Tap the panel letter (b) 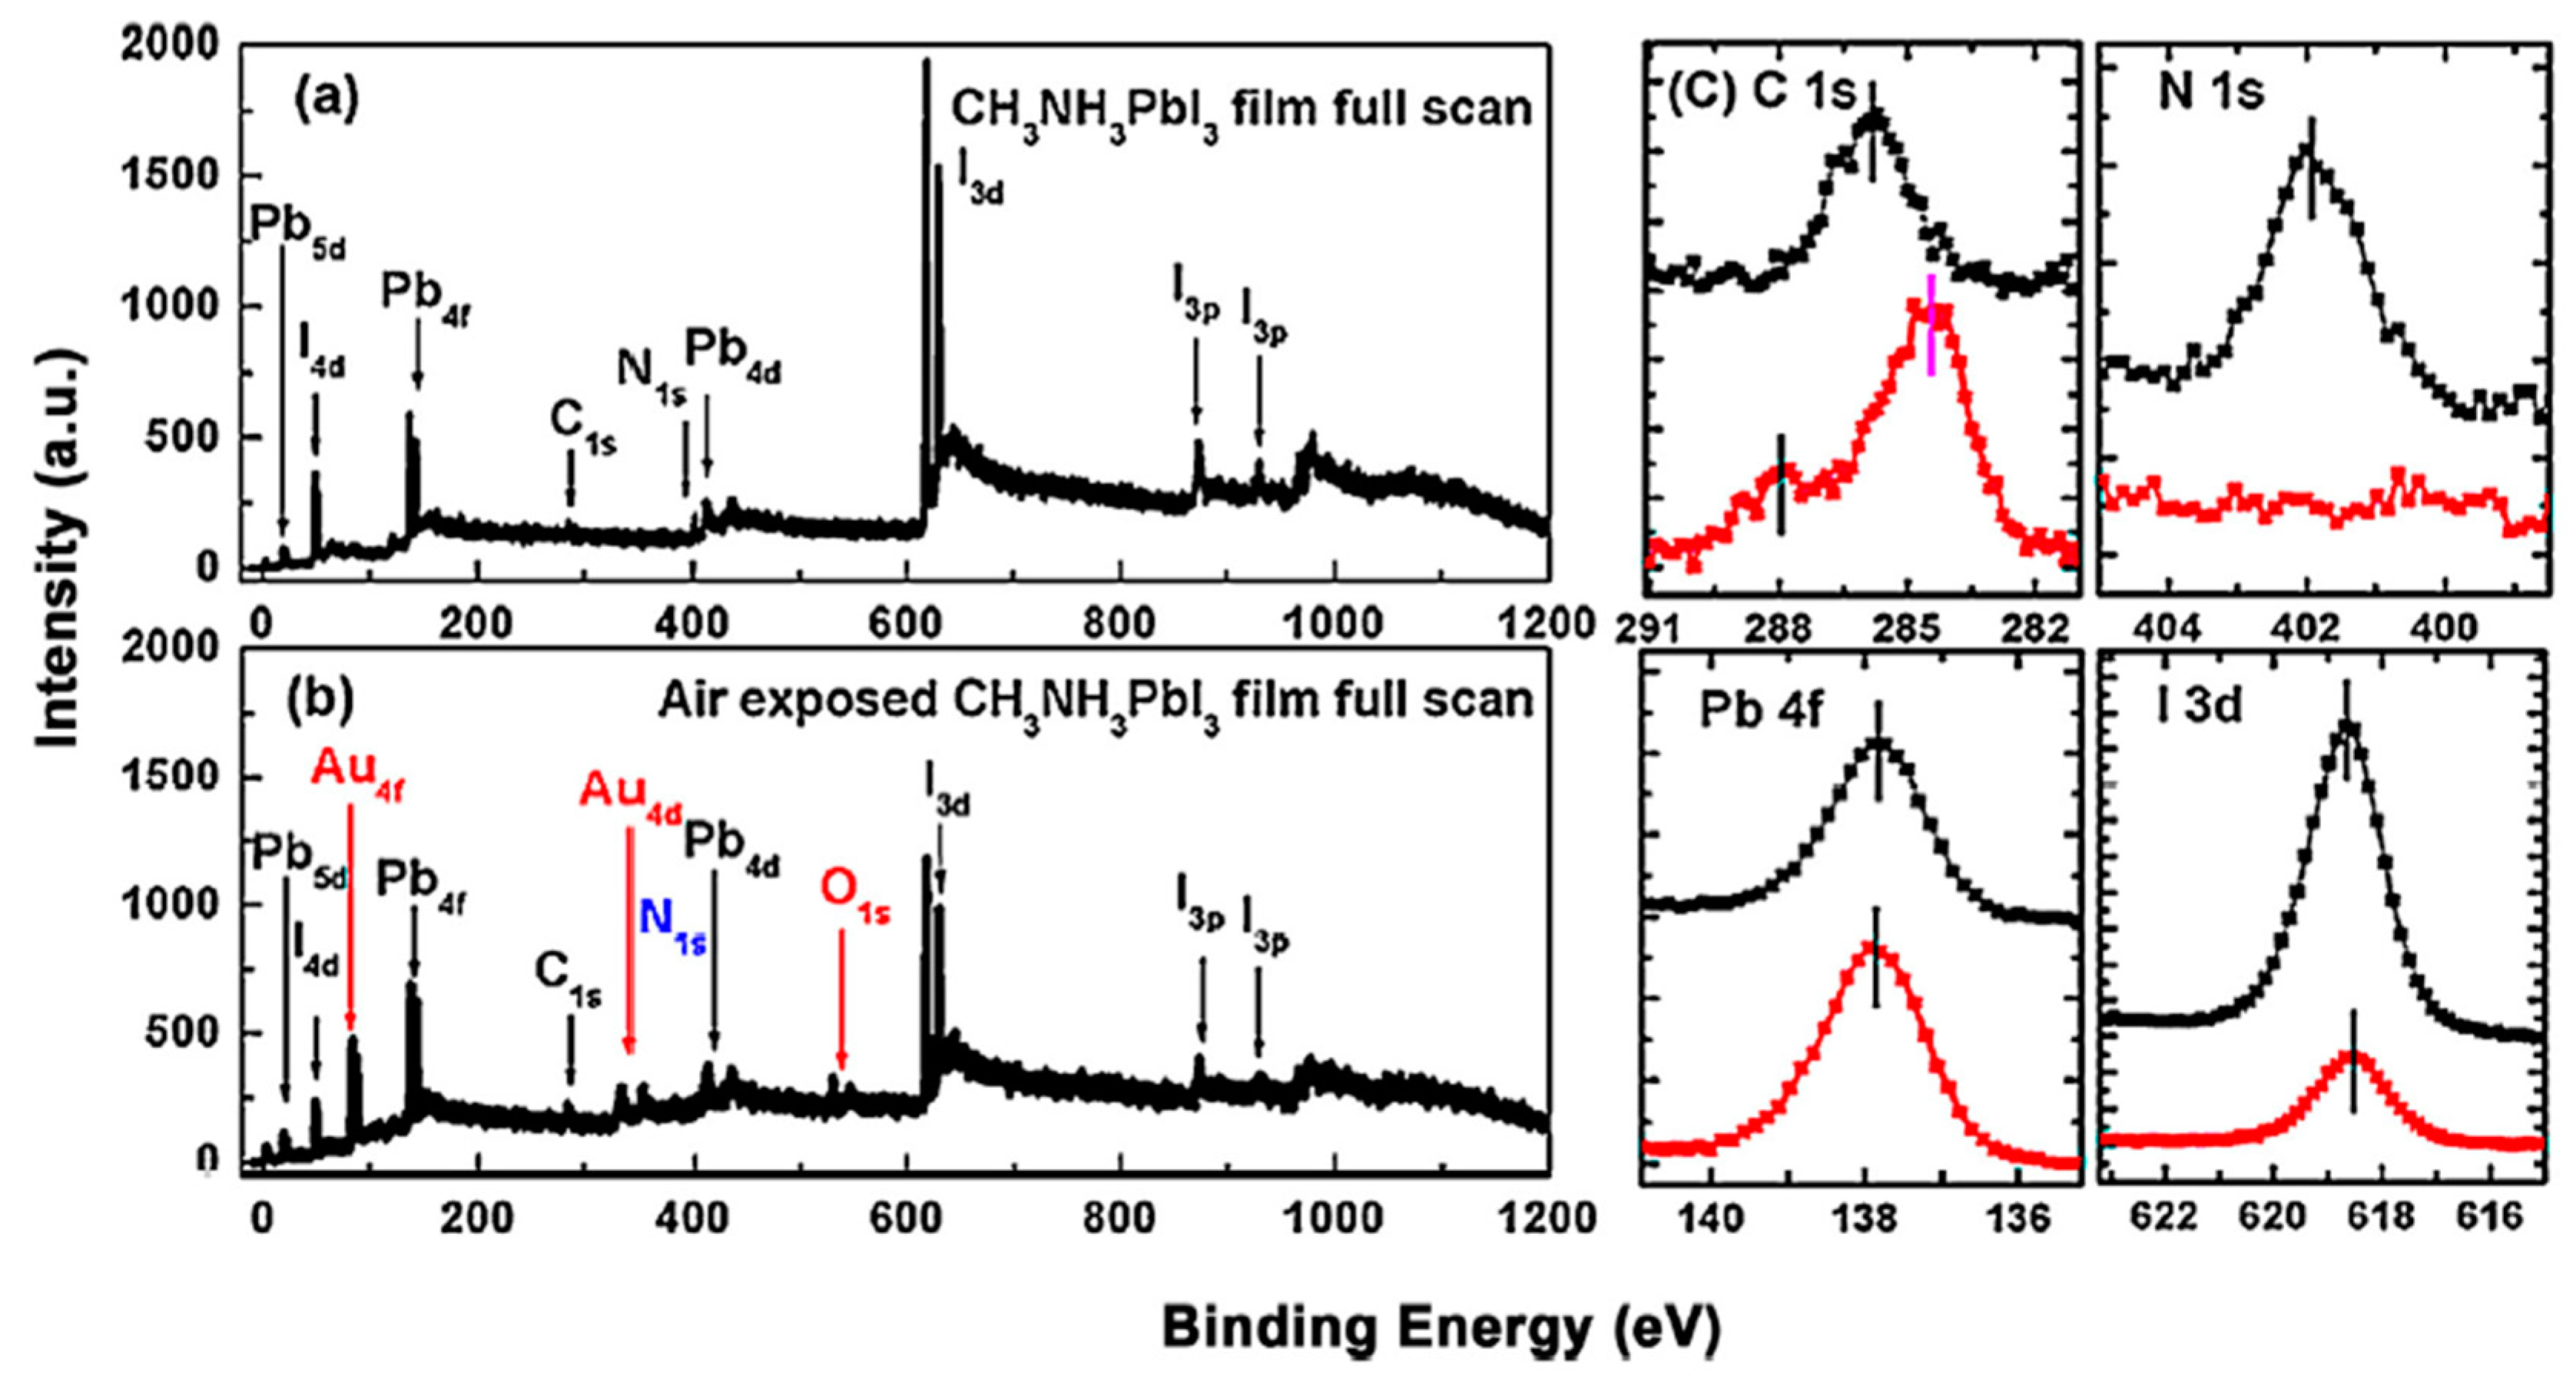tap(320, 701)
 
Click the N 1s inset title tap(2210, 92)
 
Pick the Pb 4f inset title tap(1762, 710)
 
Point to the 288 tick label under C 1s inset tap(1780, 630)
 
